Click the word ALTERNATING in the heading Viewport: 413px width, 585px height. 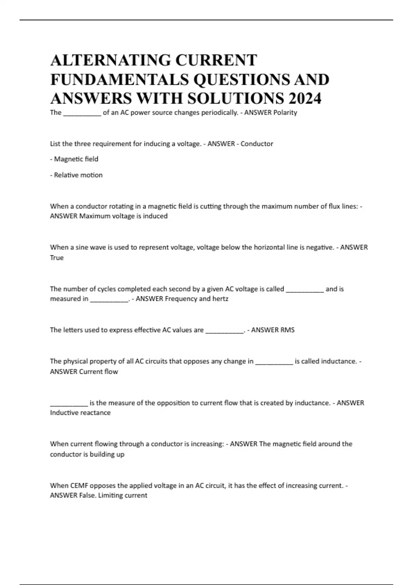click(110, 60)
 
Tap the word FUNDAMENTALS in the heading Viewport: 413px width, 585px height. click(119, 79)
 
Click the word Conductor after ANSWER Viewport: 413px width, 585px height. click(257, 144)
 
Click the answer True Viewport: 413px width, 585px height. click(57, 258)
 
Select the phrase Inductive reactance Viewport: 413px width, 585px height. click(80, 413)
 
